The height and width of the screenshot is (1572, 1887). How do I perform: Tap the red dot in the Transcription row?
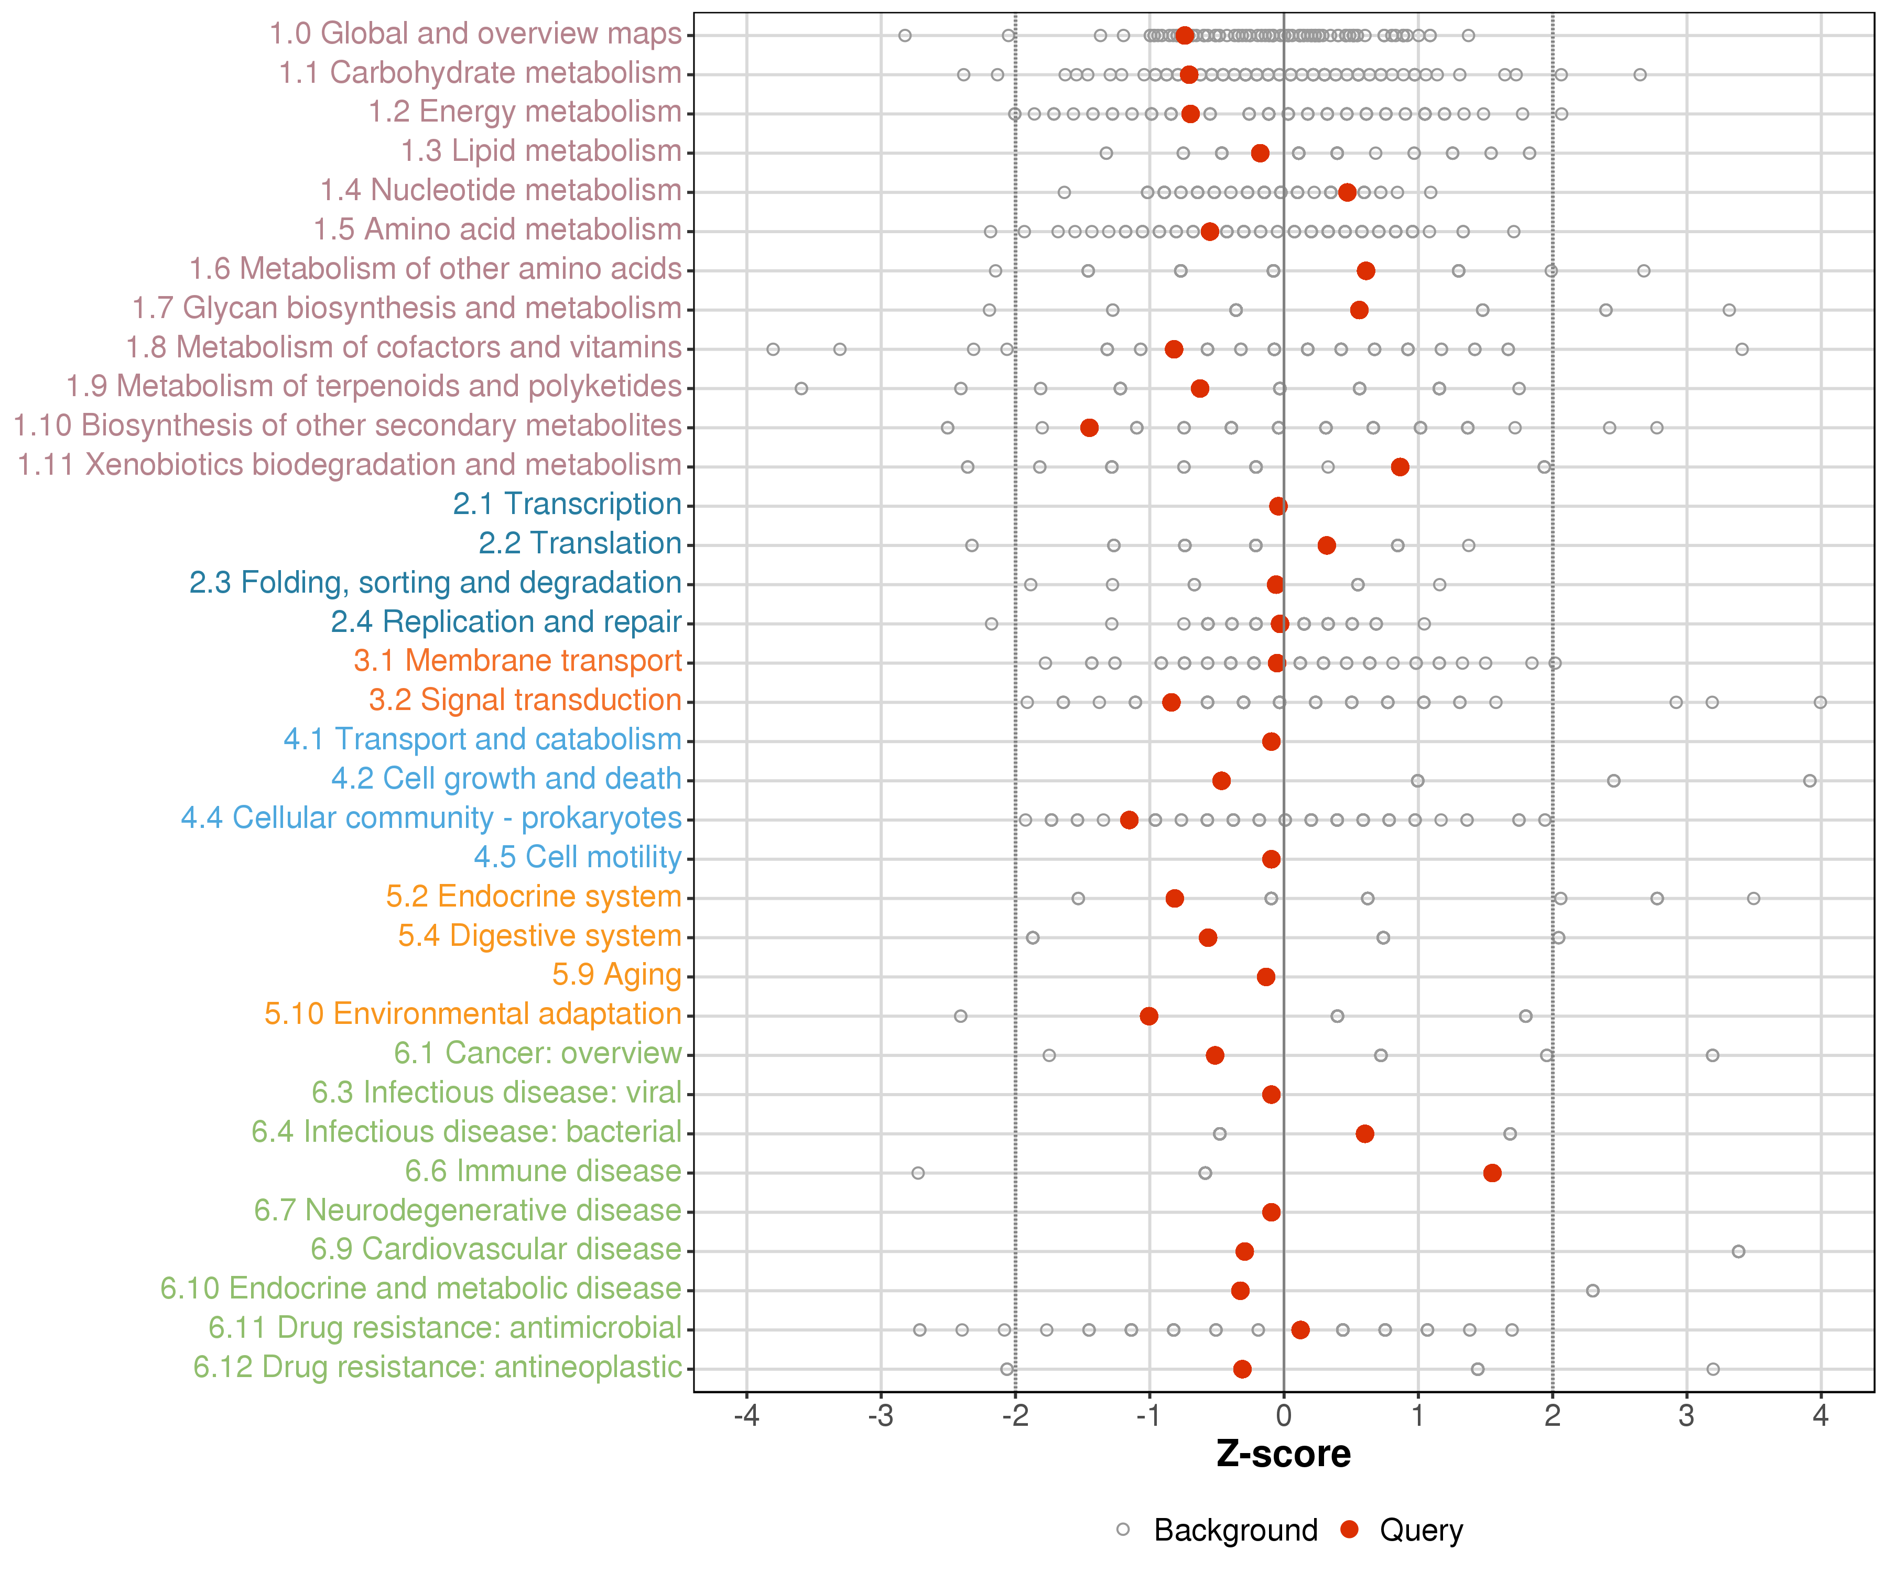1278,506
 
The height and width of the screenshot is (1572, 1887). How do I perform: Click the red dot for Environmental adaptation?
1148,1016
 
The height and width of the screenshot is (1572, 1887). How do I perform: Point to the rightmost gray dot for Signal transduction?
1819,702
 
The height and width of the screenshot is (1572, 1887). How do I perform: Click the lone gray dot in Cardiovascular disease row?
1738,1251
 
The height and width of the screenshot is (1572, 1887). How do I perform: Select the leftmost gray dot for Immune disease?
917,1173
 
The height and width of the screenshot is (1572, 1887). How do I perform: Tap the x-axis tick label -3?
881,1416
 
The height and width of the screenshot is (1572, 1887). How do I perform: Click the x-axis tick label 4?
1820,1416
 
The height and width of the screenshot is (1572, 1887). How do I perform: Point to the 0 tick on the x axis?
1283,1416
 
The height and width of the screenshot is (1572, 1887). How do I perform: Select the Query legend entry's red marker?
1349,1530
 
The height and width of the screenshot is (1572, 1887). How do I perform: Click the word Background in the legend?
1235,1530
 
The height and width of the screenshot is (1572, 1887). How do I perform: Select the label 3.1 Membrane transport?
517,661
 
